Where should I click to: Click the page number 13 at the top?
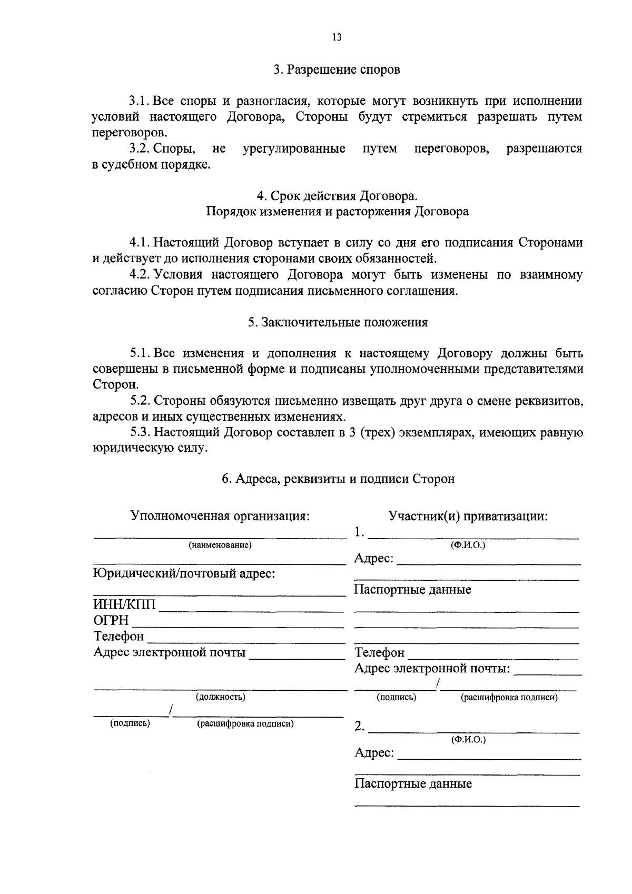click(337, 37)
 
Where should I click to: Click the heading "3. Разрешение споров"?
click(337, 69)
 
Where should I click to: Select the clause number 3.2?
click(141, 149)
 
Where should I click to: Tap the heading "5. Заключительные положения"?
click(338, 322)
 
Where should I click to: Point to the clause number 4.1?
click(141, 243)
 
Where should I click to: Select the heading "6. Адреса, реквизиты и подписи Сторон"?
click(338, 479)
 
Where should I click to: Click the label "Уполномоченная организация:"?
click(220, 516)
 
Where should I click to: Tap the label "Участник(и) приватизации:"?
click(468, 516)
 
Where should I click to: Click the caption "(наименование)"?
click(220, 545)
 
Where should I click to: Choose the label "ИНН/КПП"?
click(125, 604)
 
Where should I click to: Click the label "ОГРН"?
click(111, 620)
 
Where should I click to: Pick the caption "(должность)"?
click(220, 697)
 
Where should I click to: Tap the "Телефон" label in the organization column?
click(118, 637)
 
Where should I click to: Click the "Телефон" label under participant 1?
click(380, 653)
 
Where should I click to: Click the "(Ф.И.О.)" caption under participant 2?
click(468, 740)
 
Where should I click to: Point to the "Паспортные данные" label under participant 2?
click(413, 784)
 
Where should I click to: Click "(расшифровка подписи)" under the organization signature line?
click(245, 723)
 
